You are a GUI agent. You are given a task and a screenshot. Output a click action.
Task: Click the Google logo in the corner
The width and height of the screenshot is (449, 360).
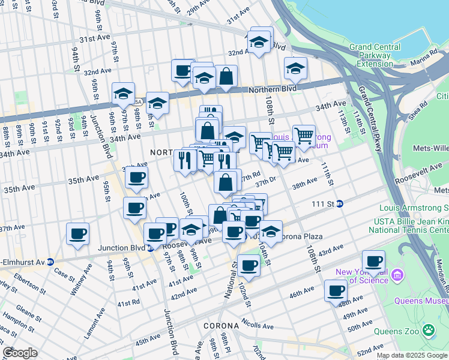pos(20,353)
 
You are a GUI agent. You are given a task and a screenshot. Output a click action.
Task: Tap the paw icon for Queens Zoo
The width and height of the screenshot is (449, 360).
pos(429,330)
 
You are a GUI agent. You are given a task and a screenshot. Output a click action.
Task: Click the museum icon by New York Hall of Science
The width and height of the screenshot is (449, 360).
pos(396,275)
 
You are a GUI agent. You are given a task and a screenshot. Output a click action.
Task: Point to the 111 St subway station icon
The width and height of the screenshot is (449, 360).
pos(339,203)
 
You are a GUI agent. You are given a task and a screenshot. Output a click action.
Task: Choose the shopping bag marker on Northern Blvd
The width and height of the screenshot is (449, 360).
pos(226,76)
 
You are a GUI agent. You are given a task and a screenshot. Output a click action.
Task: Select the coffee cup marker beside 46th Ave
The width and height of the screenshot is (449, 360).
pos(336,291)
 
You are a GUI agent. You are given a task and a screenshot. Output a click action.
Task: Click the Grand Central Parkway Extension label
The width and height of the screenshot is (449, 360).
pos(375,55)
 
